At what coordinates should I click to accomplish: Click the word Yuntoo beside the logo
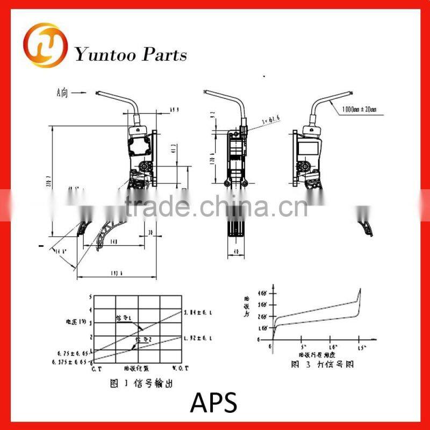104,55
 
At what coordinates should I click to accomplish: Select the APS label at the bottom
214,402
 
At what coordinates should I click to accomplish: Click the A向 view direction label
63,92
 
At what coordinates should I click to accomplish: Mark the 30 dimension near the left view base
152,233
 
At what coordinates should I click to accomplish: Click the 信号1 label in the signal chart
124,318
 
